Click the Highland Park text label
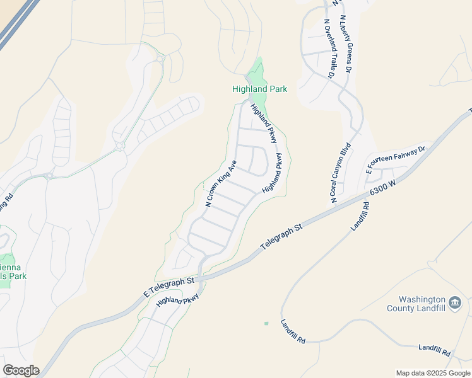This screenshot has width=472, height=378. point(259,89)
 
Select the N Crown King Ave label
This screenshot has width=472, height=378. point(221,183)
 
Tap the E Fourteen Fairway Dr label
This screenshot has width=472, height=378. point(397,160)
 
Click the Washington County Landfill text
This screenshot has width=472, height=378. point(422,304)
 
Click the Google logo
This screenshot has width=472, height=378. point(21,370)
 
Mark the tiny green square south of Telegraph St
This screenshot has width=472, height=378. point(266,323)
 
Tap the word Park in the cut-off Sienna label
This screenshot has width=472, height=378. point(18,276)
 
